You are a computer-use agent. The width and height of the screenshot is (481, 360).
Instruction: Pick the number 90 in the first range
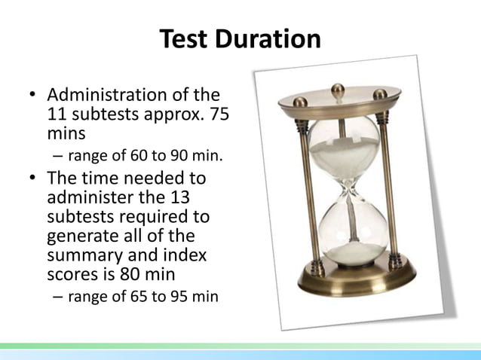pyautogui.click(x=186, y=157)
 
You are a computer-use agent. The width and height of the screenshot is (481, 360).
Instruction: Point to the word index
pyautogui.click(x=185, y=256)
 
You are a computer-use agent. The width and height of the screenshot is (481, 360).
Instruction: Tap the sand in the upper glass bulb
pyautogui.click(x=343, y=154)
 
